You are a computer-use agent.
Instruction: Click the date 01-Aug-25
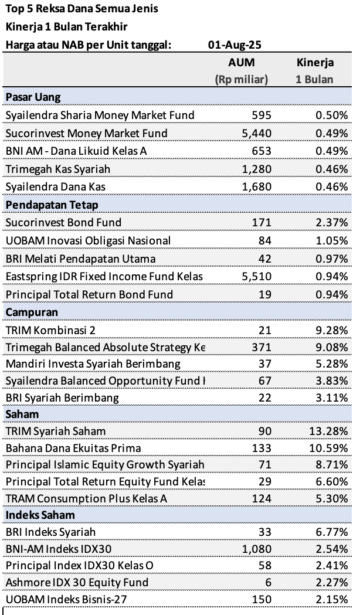pyautogui.click(x=235, y=45)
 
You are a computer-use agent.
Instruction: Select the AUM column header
pyautogui.click(x=241, y=62)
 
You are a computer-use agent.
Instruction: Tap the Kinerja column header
pyautogui.click(x=315, y=62)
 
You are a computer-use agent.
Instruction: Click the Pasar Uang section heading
pyautogui.click(x=33, y=97)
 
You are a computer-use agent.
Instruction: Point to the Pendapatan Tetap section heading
pyautogui.click(x=52, y=205)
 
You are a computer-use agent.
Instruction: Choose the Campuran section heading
pyautogui.click(x=32, y=312)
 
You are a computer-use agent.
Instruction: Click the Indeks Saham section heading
pyautogui.click(x=40, y=515)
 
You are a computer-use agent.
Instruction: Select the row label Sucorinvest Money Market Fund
pyautogui.click(x=86, y=133)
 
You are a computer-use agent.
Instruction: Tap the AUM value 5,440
pyautogui.click(x=256, y=133)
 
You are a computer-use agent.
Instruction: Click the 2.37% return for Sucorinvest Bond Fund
pyautogui.click(x=332, y=222)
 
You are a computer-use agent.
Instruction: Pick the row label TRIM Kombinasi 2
pyautogui.click(x=50, y=330)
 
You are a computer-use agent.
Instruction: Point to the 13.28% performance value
pyautogui.click(x=328, y=431)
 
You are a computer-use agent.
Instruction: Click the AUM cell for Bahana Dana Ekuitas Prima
pyautogui.click(x=261, y=448)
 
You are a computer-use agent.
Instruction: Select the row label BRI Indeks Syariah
pyautogui.click(x=50, y=532)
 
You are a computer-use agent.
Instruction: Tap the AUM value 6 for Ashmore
pyautogui.click(x=268, y=582)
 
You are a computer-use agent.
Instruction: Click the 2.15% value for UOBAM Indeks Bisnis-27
pyautogui.click(x=332, y=599)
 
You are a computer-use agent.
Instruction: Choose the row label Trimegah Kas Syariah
pyautogui.click(x=57, y=169)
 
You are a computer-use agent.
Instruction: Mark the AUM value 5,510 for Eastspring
pyautogui.click(x=256, y=277)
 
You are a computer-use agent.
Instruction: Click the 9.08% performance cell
pyautogui.click(x=332, y=347)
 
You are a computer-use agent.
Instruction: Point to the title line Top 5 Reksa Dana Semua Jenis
pyautogui.click(x=81, y=9)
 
